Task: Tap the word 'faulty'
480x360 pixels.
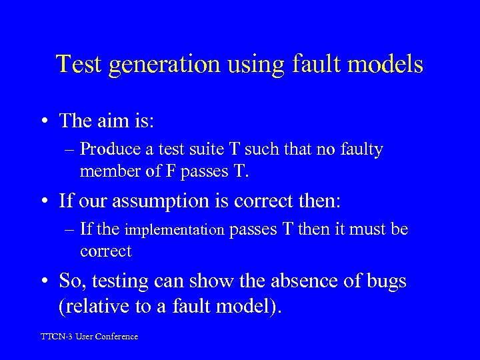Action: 359,150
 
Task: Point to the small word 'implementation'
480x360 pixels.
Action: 175,231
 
